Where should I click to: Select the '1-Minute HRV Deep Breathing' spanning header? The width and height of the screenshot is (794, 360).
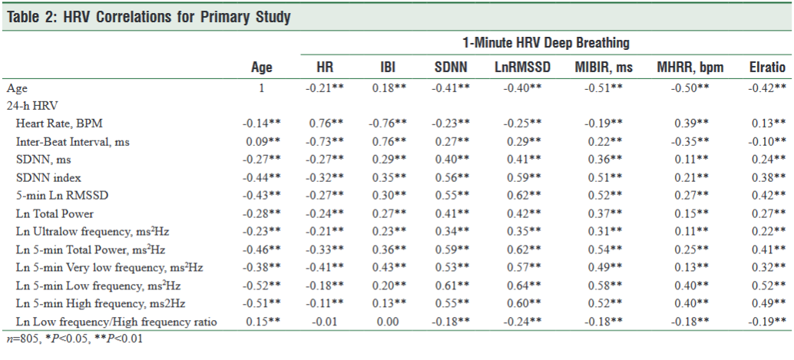pos(545,42)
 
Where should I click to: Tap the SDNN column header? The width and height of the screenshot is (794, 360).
pos(451,68)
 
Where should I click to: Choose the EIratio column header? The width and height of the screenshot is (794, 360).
pos(767,68)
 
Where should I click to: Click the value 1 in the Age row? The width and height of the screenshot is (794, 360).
pos(262,88)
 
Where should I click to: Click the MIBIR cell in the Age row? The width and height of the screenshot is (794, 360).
pos(604,88)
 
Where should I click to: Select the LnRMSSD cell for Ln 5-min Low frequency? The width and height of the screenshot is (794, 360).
pos(521,286)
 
